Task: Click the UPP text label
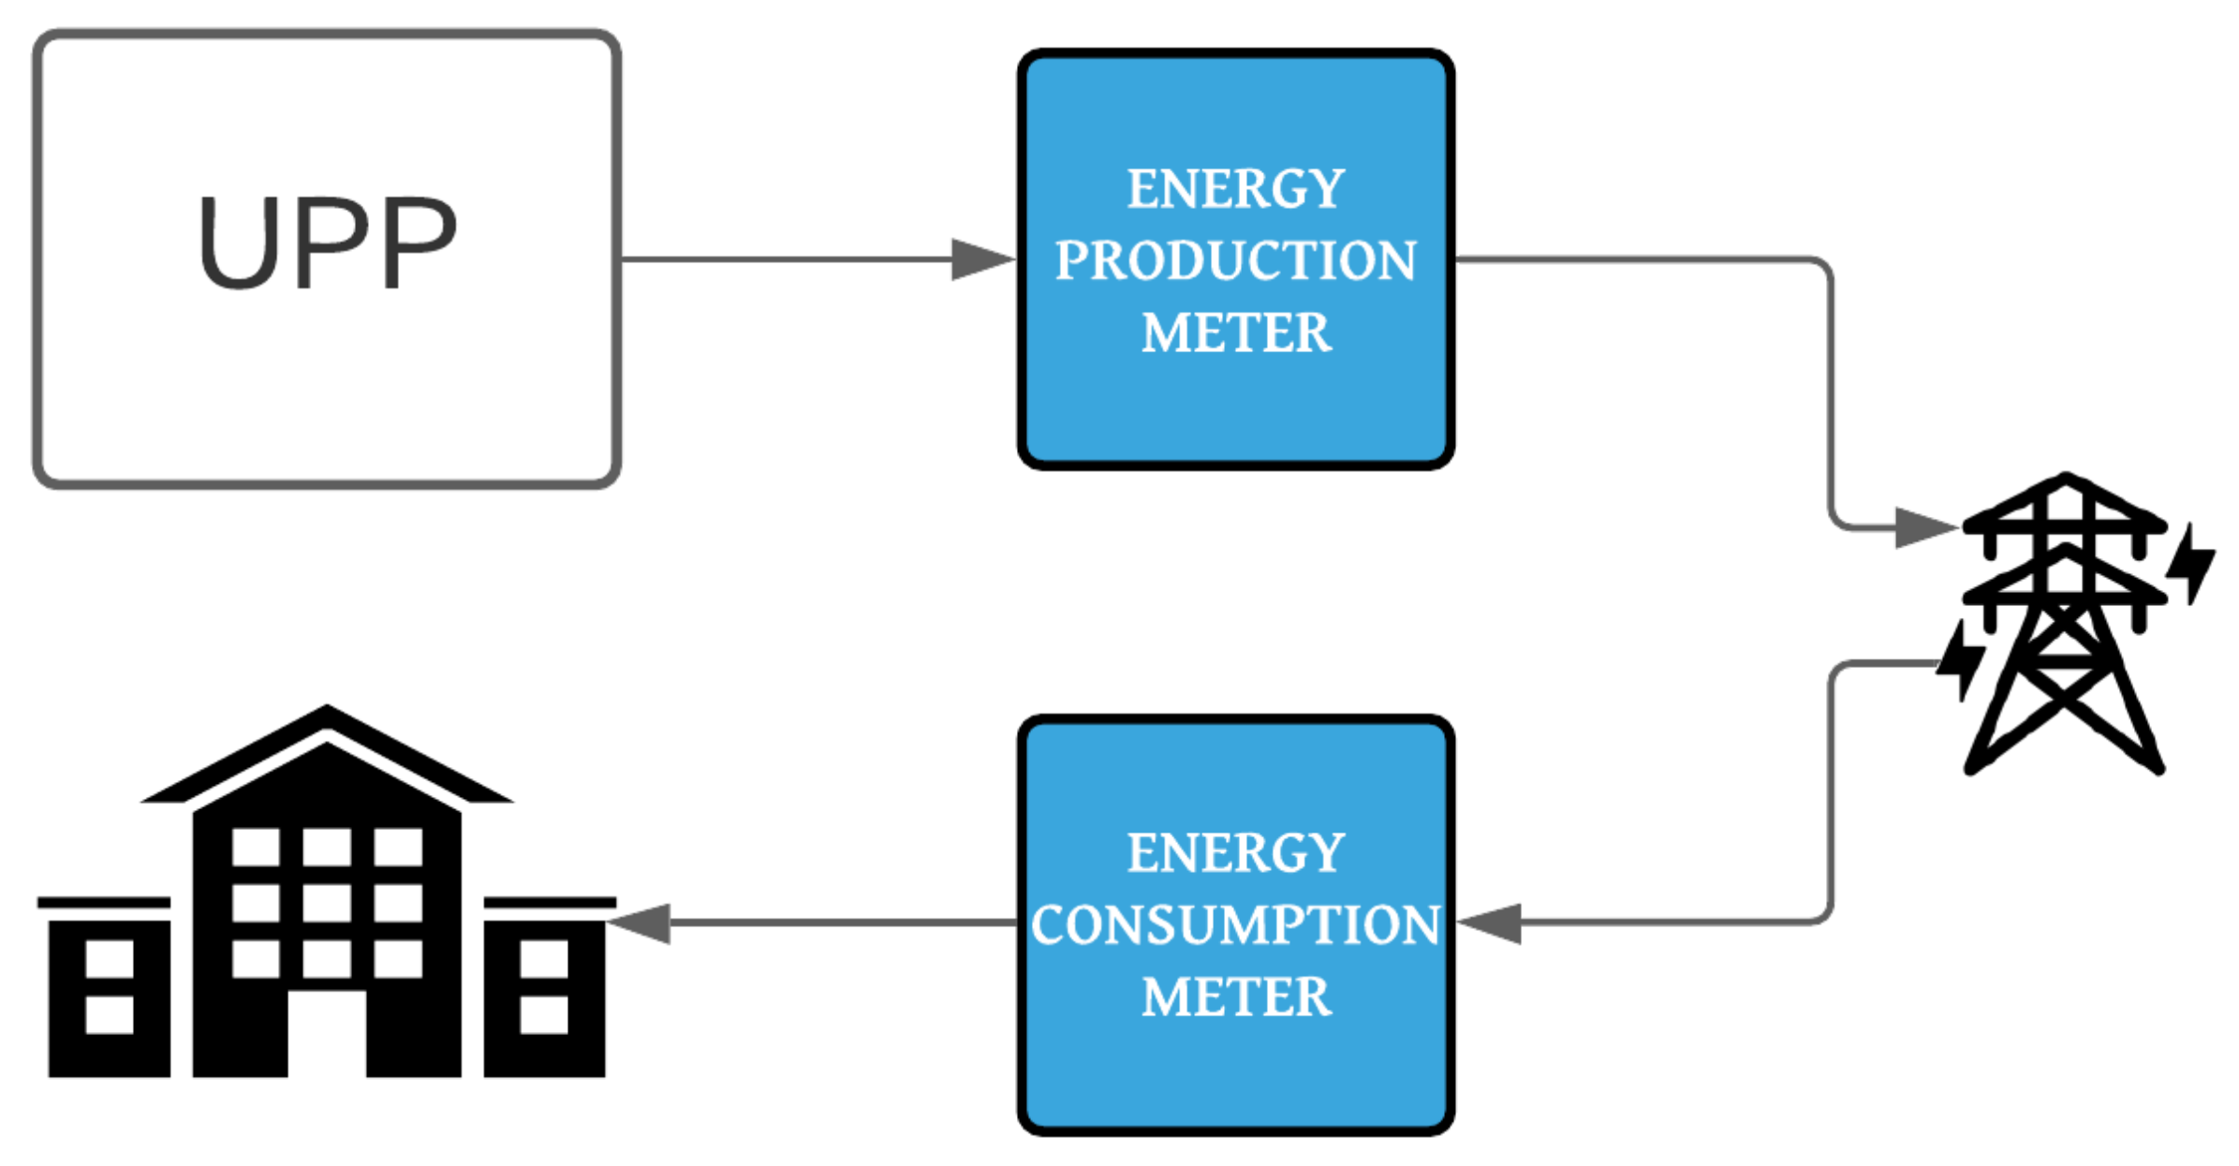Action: coord(327,243)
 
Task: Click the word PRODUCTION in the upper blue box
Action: coord(1235,260)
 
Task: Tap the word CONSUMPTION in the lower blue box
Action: coord(1235,925)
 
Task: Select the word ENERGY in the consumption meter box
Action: coord(1235,852)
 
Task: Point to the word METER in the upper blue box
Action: coord(1235,332)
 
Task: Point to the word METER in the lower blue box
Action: coord(1235,996)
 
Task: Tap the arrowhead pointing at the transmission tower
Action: coord(1925,527)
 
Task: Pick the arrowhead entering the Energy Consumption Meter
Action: coord(1491,923)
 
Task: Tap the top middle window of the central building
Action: coord(327,847)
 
